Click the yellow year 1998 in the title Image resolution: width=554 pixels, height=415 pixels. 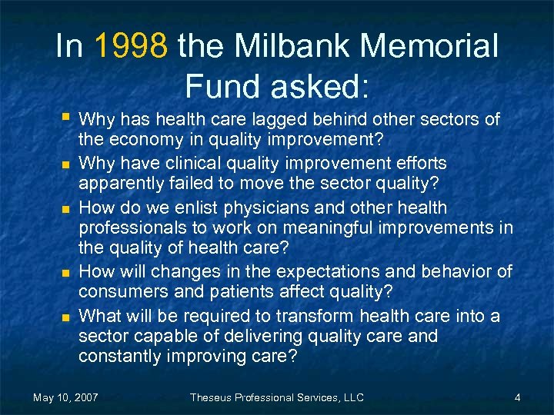coord(131,47)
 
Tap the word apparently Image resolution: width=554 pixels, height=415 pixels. coord(118,185)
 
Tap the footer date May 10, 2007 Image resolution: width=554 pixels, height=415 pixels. coord(65,397)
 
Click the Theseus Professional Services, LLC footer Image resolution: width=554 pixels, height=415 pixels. coord(276,397)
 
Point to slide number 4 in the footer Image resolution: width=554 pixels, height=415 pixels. coord(518,397)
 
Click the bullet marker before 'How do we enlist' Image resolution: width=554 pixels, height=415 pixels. coord(67,208)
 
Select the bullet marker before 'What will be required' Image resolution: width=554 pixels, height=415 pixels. coord(67,316)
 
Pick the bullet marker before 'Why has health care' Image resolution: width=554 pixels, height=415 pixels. coord(67,118)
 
